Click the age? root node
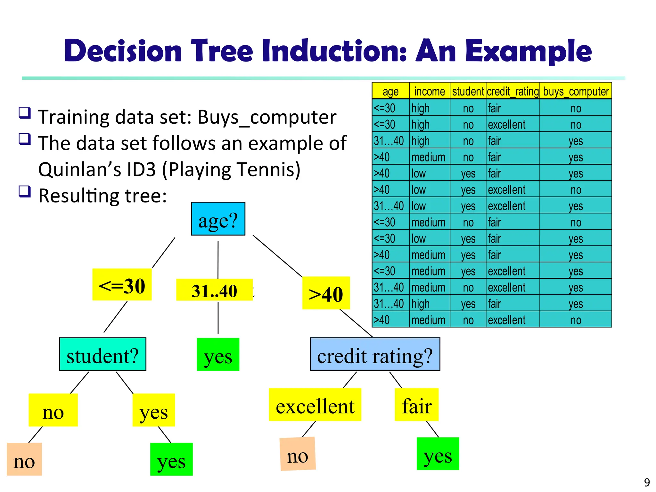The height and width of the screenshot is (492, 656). click(218, 219)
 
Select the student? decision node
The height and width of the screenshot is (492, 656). click(102, 355)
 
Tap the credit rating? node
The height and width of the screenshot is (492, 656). click(375, 355)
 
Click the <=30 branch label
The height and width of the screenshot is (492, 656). click(122, 285)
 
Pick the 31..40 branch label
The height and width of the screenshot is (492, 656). click(214, 290)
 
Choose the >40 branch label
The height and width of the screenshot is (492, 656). click(326, 293)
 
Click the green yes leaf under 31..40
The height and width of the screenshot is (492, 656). click(218, 355)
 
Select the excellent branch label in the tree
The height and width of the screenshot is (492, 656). click(315, 405)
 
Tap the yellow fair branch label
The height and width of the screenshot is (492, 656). click(416, 405)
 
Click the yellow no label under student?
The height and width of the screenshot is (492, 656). click(53, 410)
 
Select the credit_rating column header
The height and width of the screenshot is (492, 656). click(512, 91)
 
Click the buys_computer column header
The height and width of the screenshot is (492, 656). click(576, 91)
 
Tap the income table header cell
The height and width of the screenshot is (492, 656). click(430, 91)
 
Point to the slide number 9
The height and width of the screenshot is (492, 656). click(647, 482)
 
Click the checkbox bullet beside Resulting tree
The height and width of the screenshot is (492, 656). click(25, 192)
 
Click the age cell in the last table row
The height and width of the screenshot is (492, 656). click(382, 320)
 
